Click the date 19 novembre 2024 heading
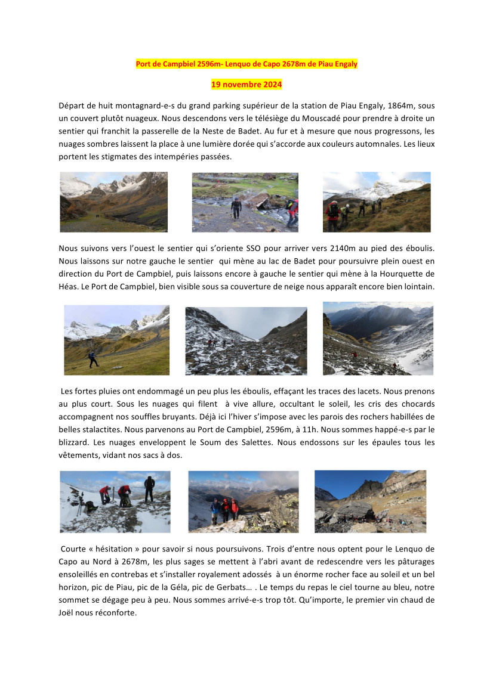(x=246, y=85)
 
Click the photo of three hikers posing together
(x=243, y=501)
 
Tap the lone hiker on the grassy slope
(x=93, y=360)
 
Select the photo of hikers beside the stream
(x=245, y=202)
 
